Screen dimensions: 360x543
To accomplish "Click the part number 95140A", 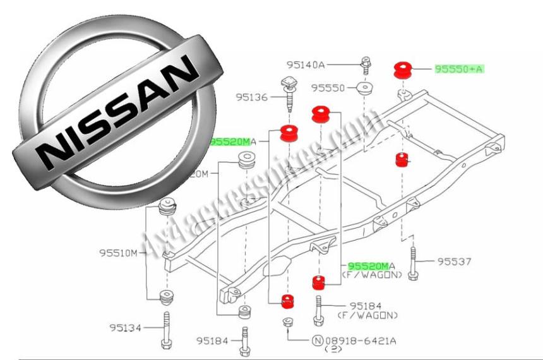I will click(x=304, y=64).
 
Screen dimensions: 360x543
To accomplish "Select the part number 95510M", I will click(x=117, y=253).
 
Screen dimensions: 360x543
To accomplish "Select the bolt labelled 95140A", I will click(x=366, y=64).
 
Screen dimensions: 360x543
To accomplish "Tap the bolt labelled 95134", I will click(x=167, y=329).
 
